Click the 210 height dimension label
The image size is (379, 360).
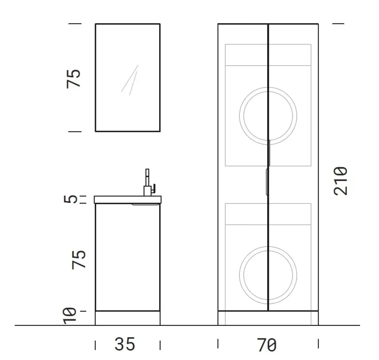coord(341,181)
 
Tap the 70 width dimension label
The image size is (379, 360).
coord(266,345)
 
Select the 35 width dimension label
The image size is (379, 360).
coord(125,344)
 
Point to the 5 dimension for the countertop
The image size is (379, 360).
coord(70,199)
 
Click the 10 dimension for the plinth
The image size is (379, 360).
coord(70,316)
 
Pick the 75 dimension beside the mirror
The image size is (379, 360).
coord(73,79)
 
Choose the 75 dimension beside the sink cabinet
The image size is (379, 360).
coord(79,260)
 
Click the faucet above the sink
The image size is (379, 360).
coord(149,182)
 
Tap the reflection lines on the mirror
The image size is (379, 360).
coord(130,80)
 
